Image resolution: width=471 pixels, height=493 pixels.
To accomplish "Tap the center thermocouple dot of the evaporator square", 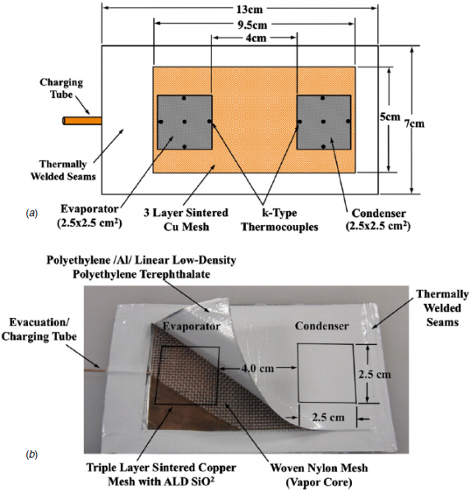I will (x=186, y=122).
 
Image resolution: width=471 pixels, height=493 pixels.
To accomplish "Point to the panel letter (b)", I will (x=31, y=453).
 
